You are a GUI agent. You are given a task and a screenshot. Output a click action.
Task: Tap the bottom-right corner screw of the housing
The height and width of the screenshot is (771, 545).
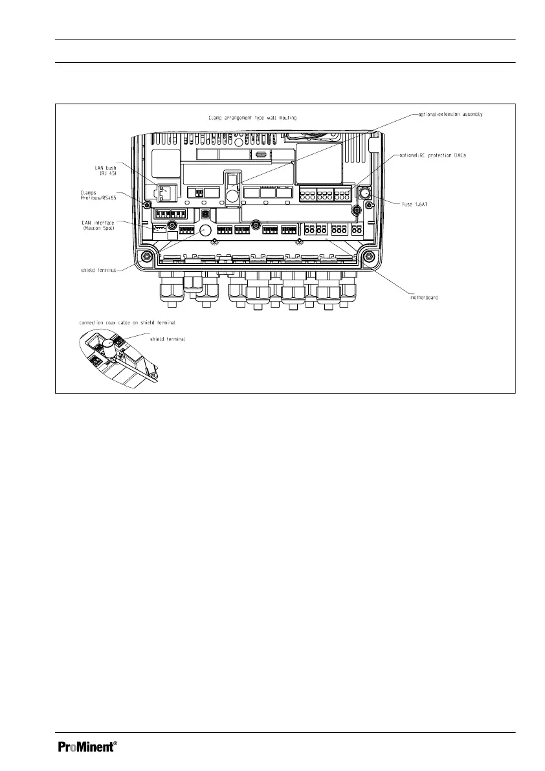click(368, 256)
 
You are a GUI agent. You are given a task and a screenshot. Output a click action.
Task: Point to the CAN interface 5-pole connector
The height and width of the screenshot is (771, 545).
click(159, 229)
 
